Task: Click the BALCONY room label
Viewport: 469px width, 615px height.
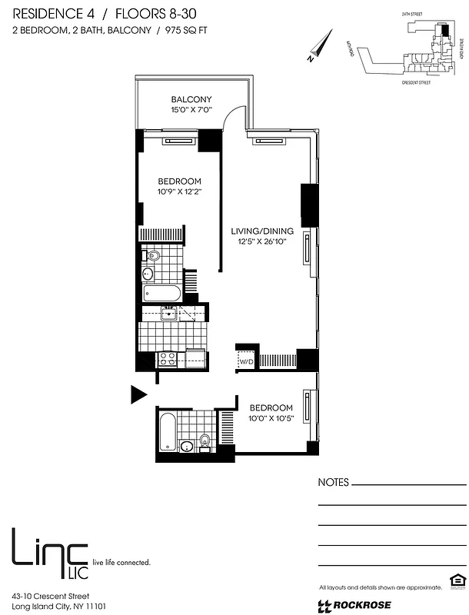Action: click(191, 100)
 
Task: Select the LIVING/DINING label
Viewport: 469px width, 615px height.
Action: click(261, 230)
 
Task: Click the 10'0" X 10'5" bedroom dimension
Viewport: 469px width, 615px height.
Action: click(270, 418)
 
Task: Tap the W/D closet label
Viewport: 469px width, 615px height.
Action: click(246, 361)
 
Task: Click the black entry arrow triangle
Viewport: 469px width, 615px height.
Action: click(137, 395)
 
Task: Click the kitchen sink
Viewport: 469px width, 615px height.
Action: click(168, 312)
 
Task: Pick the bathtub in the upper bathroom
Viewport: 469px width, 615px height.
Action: click(161, 293)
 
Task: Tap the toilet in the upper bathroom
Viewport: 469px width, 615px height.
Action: click(153, 256)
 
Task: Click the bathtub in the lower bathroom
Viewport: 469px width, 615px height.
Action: click(167, 434)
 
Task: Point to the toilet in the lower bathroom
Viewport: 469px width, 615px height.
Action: click(205, 440)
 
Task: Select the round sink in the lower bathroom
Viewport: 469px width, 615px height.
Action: click(186, 446)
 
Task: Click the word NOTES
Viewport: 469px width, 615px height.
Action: click(333, 483)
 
